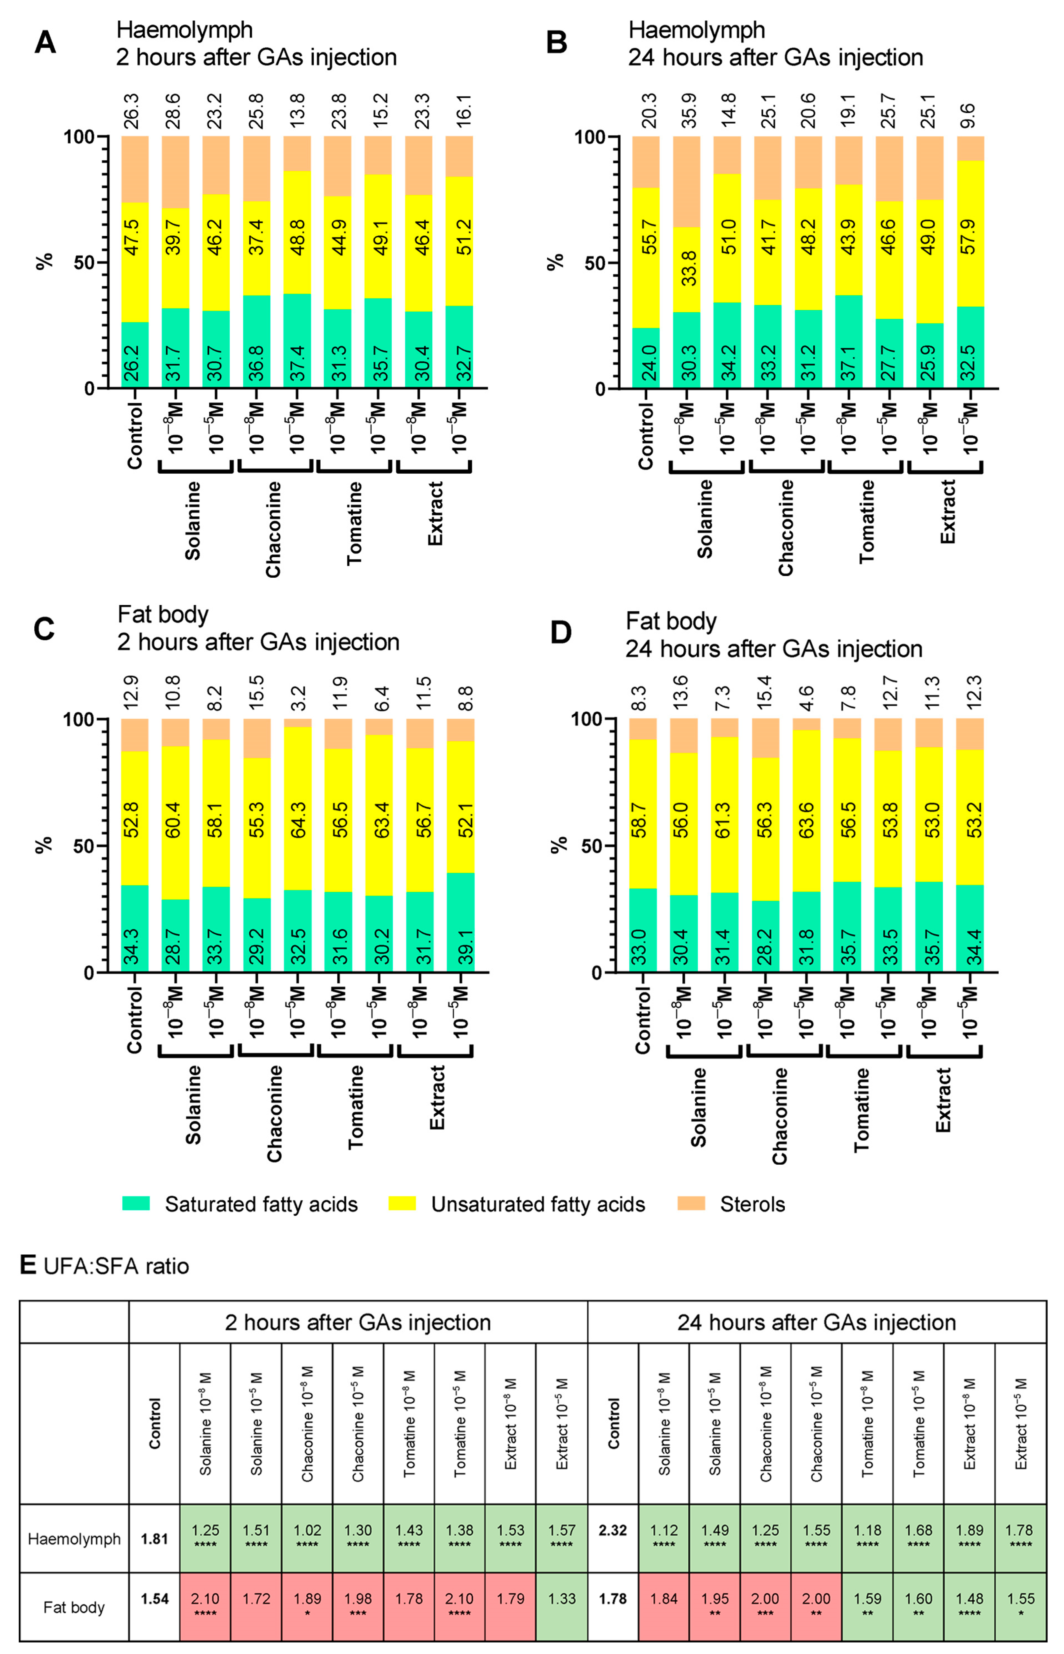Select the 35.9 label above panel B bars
[x=688, y=110]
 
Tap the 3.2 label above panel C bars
[x=297, y=698]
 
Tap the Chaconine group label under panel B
[x=785, y=529]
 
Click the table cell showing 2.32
[x=612, y=1530]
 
